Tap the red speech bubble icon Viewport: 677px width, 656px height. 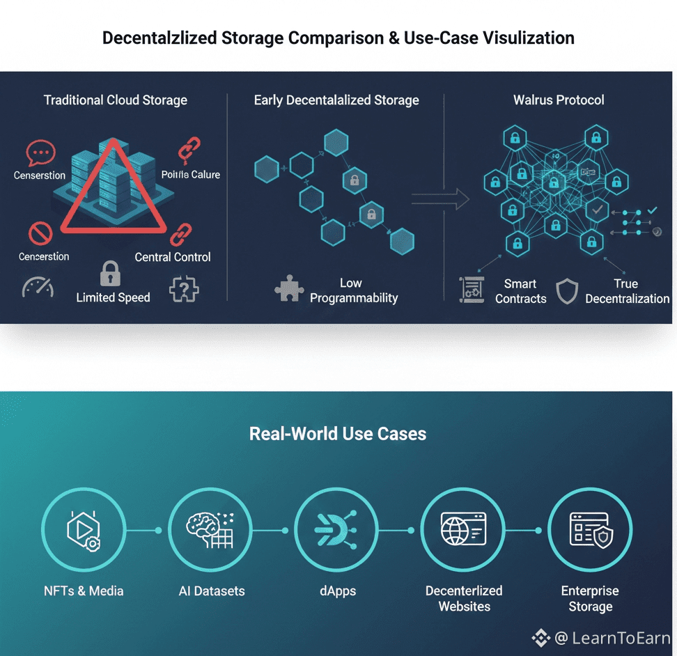click(x=40, y=153)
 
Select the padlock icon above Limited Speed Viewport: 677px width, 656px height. click(x=111, y=274)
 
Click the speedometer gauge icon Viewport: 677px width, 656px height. click(x=38, y=287)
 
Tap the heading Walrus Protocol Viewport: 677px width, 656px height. click(x=559, y=100)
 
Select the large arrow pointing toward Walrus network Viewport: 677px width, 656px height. click(x=440, y=199)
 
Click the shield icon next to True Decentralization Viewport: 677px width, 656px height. click(x=567, y=291)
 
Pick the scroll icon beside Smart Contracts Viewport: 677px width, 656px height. click(x=472, y=290)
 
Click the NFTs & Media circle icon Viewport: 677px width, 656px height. click(x=84, y=530)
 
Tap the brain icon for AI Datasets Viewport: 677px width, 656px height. click(x=210, y=530)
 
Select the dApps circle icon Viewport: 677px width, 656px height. click(x=336, y=530)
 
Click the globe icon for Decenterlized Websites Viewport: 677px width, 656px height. click(x=463, y=530)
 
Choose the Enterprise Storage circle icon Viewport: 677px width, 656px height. click(x=590, y=530)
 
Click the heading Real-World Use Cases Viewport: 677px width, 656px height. click(x=338, y=434)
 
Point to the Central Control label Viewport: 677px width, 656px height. click(x=173, y=257)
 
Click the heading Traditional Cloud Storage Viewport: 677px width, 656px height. click(x=116, y=100)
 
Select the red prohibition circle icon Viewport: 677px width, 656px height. click(x=40, y=234)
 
